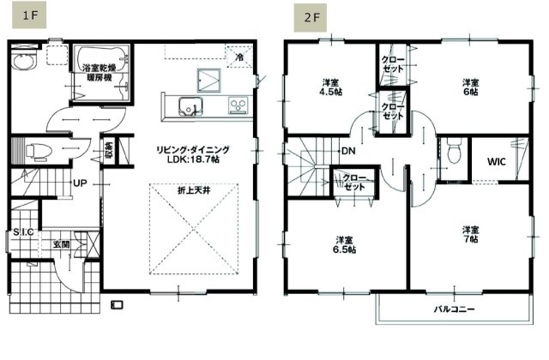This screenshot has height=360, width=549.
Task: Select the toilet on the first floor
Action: (35, 153)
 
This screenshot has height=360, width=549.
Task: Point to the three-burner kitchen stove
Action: (237, 105)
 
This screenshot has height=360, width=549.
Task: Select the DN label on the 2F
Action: (348, 152)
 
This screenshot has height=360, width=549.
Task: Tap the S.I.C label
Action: (23, 231)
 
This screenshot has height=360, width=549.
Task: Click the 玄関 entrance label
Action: (62, 244)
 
